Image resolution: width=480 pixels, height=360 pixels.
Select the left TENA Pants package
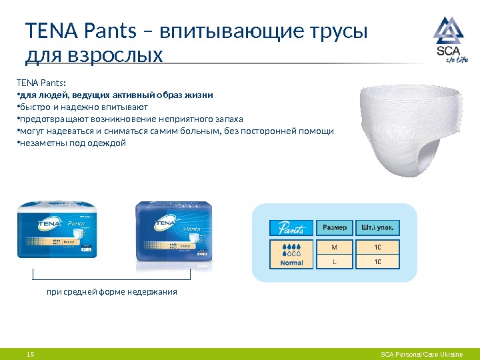tap(56, 230)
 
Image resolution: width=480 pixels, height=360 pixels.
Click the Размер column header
tap(334, 228)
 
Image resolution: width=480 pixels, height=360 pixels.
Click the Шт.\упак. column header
tap(377, 228)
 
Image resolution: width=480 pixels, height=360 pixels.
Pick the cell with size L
tap(334, 261)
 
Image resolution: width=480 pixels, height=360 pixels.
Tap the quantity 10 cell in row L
tap(378, 261)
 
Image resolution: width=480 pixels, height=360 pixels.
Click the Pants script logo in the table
tap(291, 228)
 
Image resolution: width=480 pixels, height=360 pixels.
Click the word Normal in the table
tap(292, 263)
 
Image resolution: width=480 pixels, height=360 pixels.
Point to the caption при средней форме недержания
tap(111, 292)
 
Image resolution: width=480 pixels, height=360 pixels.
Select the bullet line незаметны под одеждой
tap(72, 143)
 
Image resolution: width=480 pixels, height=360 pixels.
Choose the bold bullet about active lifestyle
tap(115, 95)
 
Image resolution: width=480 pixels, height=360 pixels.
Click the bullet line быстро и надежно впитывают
tap(83, 107)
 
